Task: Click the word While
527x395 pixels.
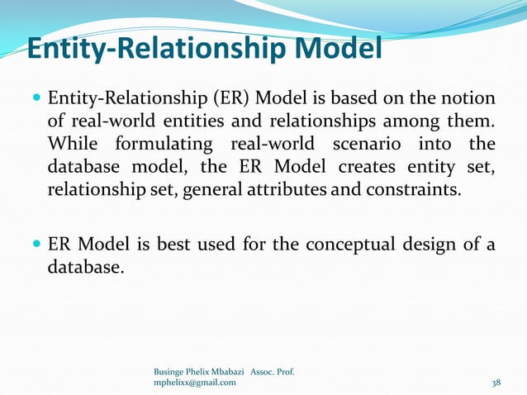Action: click(x=72, y=146)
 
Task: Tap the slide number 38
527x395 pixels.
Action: click(x=496, y=383)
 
